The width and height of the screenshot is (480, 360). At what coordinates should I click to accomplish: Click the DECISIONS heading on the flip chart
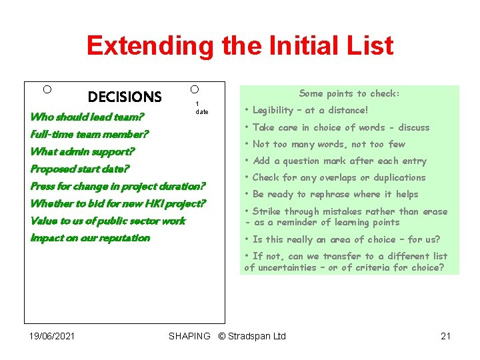(x=125, y=97)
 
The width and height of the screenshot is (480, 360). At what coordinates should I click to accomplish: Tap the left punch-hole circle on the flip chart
(x=47, y=89)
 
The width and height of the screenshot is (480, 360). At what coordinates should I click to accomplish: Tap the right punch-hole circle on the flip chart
(x=194, y=89)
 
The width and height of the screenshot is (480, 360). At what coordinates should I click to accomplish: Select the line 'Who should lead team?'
(x=87, y=117)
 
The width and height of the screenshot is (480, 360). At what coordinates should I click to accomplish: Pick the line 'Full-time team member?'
(x=89, y=134)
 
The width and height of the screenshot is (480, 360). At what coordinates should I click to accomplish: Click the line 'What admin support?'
(x=83, y=152)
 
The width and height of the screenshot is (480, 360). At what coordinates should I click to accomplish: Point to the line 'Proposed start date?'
(x=80, y=169)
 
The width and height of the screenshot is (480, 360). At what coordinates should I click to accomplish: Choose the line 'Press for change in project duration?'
(x=118, y=187)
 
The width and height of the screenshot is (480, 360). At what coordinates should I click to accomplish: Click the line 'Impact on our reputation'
(x=90, y=238)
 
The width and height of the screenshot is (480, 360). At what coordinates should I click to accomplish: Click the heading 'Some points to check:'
(x=349, y=94)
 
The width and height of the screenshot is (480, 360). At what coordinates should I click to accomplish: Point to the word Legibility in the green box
(x=273, y=111)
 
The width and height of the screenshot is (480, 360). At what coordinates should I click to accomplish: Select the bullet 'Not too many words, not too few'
(x=329, y=144)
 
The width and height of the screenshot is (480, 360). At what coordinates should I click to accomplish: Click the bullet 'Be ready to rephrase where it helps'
(x=335, y=194)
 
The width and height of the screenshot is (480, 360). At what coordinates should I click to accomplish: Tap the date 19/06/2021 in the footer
(x=52, y=336)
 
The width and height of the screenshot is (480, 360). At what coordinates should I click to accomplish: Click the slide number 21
(x=446, y=336)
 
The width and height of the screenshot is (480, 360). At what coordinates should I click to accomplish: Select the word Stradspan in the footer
(x=250, y=336)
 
